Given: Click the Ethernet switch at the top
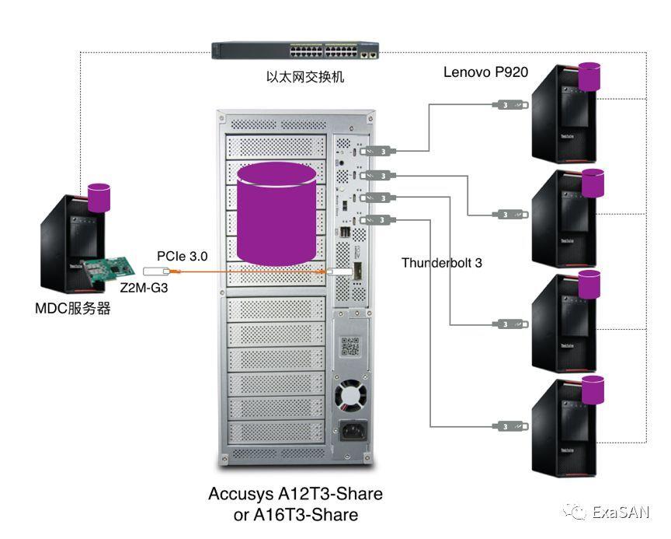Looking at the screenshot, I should pos(297,52).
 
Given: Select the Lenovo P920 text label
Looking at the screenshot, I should pos(485,72).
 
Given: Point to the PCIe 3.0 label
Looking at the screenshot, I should pos(182,254).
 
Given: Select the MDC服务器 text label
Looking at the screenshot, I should pos(73,309).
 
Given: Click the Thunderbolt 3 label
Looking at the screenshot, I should pos(441,263).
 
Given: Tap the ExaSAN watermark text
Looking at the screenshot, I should pos(620,512).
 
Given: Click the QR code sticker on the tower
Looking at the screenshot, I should pos(351,346).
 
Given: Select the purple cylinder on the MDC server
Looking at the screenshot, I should pos(100,197).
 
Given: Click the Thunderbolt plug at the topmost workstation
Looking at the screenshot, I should pos(511,103).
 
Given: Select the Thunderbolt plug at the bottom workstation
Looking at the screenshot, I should pos(511,426).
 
